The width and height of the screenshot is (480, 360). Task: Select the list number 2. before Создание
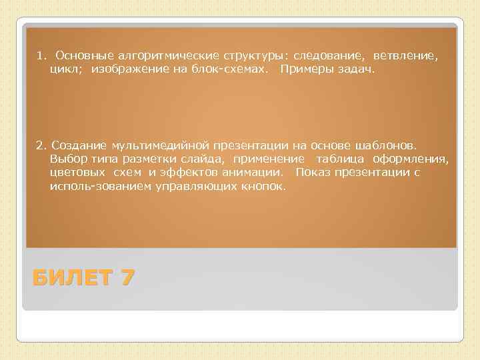pyautogui.click(x=41, y=145)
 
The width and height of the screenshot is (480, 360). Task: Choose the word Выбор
pyautogui.click(x=65, y=159)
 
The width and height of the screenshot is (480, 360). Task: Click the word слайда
pyautogui.click(x=209, y=159)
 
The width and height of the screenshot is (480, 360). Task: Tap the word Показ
pyautogui.click(x=312, y=173)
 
